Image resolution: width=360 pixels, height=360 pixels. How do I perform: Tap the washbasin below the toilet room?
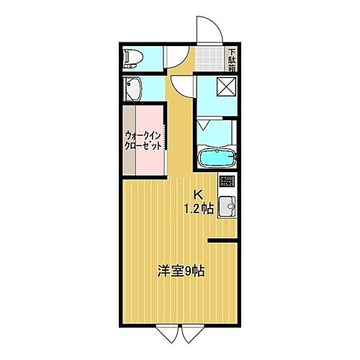(x=132, y=89)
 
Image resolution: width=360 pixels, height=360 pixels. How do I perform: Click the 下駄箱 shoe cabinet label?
(x=232, y=57)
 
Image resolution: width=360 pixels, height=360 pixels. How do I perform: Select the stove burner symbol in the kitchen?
(x=227, y=181)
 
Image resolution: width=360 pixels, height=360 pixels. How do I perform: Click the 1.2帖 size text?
(x=199, y=210)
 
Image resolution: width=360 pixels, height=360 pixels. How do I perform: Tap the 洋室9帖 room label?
(x=181, y=271)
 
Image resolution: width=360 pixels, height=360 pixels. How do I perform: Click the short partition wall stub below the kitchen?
(x=221, y=238)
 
